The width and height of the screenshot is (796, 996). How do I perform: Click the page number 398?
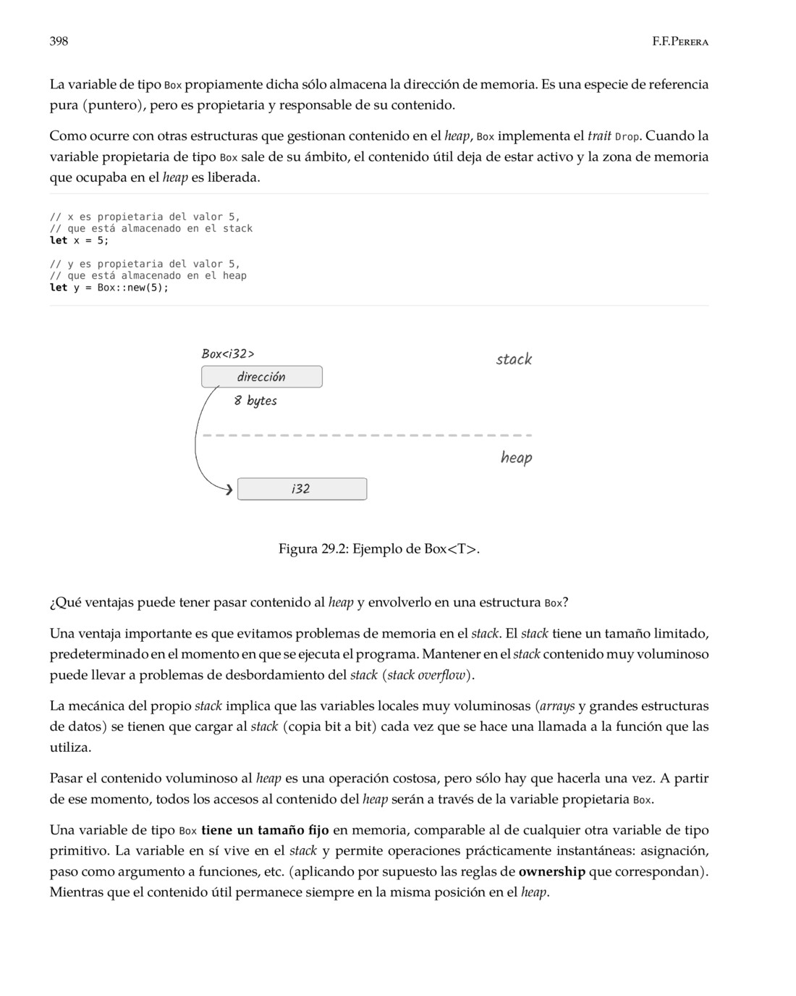tap(59, 41)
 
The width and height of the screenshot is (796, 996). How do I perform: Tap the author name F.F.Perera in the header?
tap(679, 42)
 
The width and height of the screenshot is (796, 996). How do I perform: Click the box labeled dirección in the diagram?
tap(261, 377)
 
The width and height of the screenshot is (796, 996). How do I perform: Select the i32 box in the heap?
tap(302, 489)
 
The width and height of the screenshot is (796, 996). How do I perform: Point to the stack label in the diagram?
tap(514, 359)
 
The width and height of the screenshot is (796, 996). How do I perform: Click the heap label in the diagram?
tap(516, 457)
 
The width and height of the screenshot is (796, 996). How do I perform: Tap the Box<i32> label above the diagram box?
tap(228, 353)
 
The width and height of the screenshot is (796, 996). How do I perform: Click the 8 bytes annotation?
tap(255, 401)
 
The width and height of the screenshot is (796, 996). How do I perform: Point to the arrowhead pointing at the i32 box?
tap(229, 490)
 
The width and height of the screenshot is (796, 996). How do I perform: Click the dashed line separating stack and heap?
tap(367, 435)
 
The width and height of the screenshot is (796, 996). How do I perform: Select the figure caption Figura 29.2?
tap(378, 548)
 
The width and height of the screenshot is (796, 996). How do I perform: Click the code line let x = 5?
tap(79, 240)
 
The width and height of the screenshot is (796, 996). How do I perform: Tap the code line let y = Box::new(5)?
tap(109, 288)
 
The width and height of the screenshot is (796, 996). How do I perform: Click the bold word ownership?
tap(551, 871)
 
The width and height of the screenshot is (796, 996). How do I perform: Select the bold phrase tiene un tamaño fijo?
tap(265, 830)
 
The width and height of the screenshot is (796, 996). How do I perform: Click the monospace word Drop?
tap(627, 137)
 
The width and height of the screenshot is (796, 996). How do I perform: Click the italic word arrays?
tap(556, 706)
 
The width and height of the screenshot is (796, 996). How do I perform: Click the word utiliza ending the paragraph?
tap(69, 748)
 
